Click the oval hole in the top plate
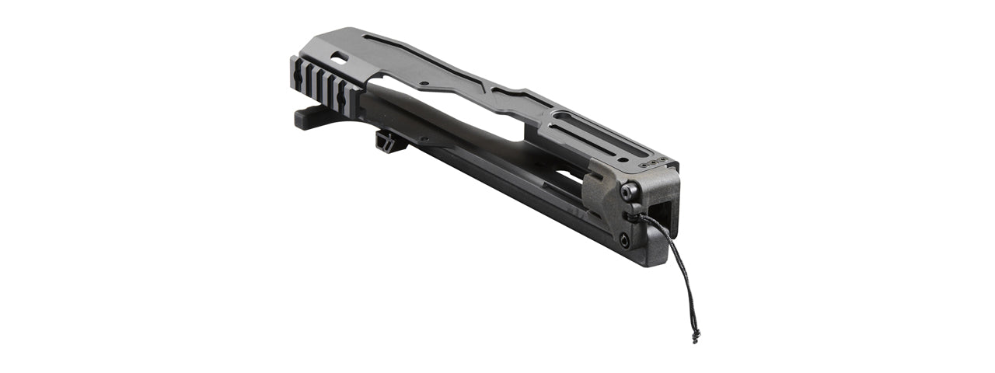click(339, 58)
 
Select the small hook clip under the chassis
click(384, 141)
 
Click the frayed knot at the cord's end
click(694, 336)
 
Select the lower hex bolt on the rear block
click(625, 242)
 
